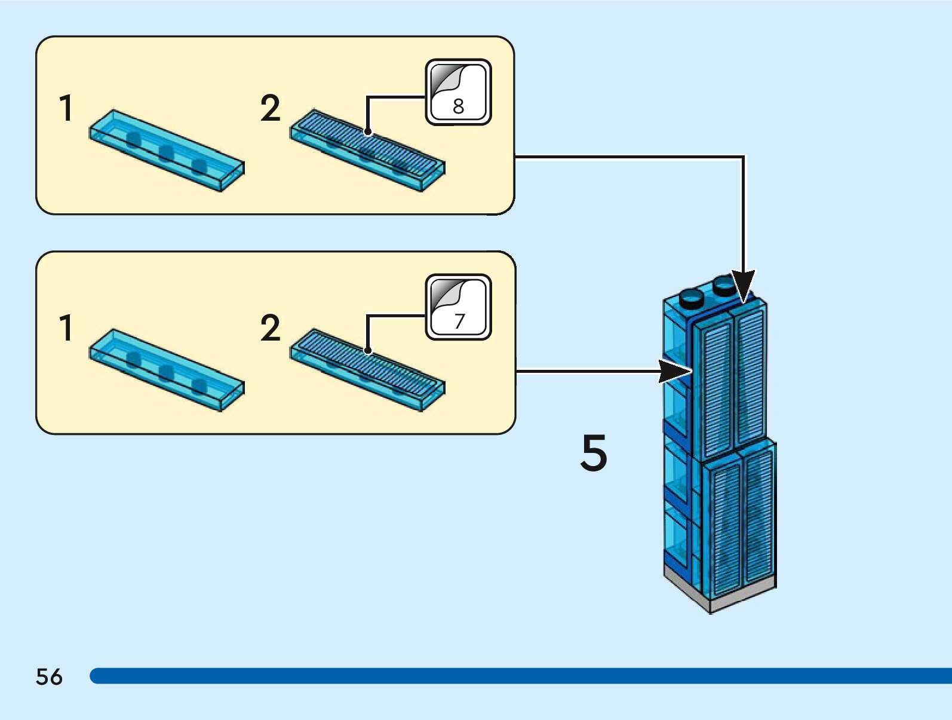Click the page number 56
pos(49,677)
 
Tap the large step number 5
pos(594,453)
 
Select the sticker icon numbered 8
pos(458,92)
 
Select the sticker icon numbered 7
pos(458,307)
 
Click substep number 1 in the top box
pos(66,108)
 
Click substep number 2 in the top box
pos(270,108)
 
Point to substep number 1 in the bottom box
pos(66,328)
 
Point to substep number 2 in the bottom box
pos(270,328)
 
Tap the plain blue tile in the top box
pos(167,150)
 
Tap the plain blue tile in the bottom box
pos(167,369)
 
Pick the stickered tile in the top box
pos(367,150)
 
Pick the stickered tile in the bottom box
pos(367,369)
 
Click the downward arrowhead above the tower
pos(743,286)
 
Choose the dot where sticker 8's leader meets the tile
pos(368,132)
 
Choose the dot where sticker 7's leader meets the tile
pos(368,351)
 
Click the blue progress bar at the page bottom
pos(520,676)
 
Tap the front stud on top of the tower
pos(692,297)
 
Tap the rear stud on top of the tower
pos(724,285)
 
